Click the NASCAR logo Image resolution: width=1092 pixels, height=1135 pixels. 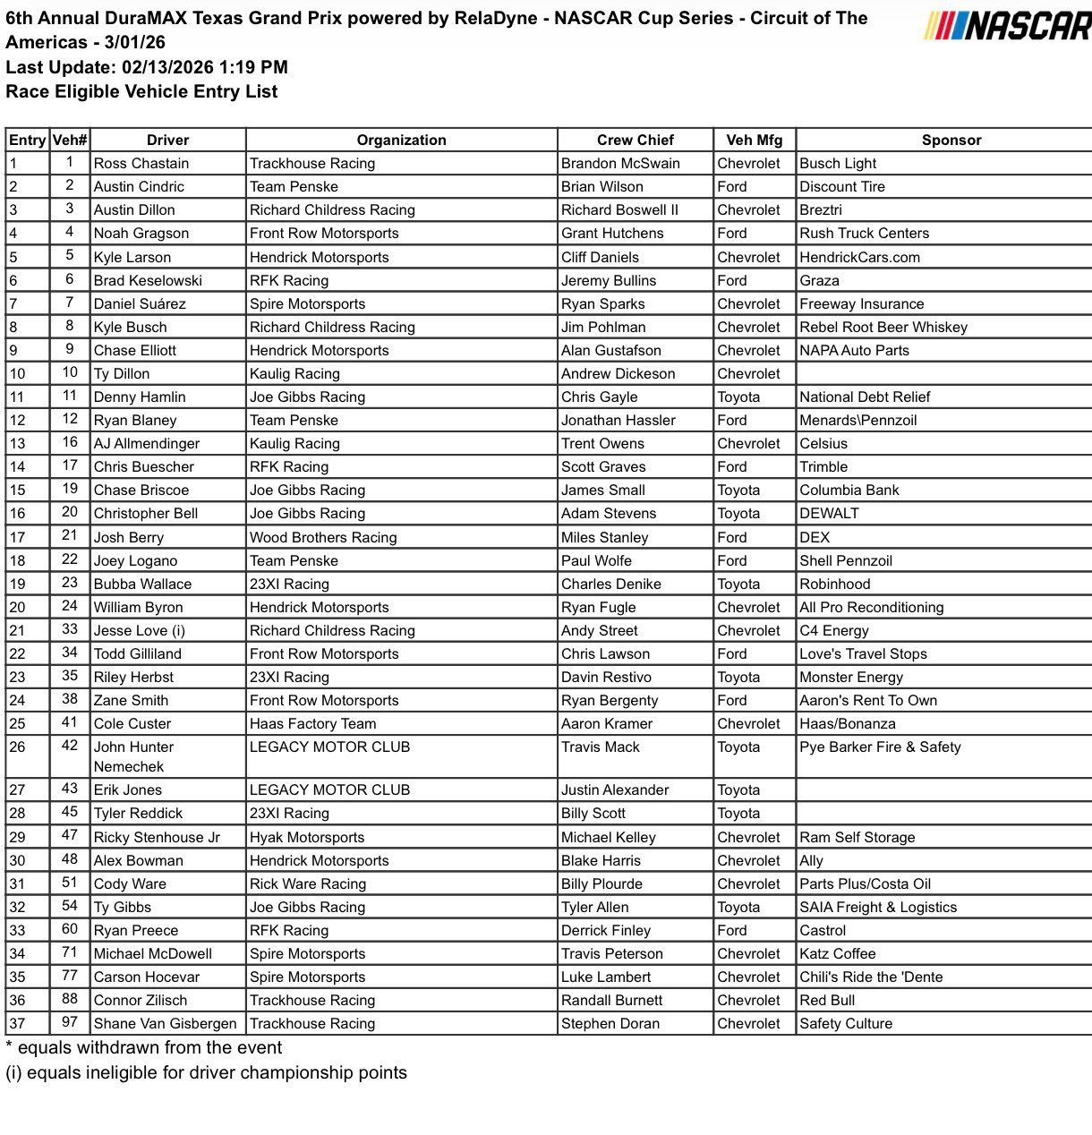[1008, 25]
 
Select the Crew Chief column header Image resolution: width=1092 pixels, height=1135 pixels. [635, 140]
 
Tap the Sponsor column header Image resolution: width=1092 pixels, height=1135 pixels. [951, 140]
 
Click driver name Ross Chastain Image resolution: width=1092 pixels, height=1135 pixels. [141, 163]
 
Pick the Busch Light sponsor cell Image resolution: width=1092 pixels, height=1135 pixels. [838, 163]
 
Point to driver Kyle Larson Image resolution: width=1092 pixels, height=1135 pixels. [132, 257]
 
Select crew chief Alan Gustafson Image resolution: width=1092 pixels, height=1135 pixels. [610, 350]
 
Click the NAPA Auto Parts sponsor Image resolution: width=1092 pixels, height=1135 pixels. [854, 350]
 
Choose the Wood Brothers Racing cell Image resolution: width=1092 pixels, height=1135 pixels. [323, 537]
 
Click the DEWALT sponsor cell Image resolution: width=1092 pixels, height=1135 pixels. [829, 513]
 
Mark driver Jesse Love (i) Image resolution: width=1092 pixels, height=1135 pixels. [140, 630]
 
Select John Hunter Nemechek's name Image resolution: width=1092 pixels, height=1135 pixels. [133, 756]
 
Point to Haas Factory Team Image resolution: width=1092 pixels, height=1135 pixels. [312, 723]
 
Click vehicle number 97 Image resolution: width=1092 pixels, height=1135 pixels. [70, 1022]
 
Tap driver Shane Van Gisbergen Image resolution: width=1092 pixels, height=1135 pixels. [166, 1023]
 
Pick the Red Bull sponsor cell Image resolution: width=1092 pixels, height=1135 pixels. [827, 1000]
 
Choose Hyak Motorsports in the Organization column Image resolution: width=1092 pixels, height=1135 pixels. [307, 837]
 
